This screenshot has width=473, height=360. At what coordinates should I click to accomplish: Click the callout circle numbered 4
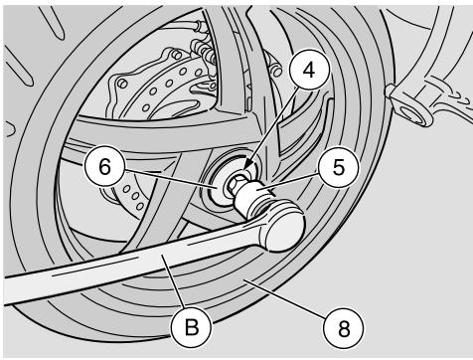click(309, 71)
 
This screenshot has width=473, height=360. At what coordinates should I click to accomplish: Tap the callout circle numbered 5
click(339, 167)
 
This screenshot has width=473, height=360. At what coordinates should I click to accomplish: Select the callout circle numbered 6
click(104, 166)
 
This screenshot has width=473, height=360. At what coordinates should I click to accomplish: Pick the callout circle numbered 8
click(344, 327)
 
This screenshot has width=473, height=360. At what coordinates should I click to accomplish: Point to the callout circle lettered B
click(191, 327)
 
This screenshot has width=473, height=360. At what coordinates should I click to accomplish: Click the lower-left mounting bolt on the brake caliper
click(122, 83)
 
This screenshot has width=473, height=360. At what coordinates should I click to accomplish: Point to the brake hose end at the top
click(198, 26)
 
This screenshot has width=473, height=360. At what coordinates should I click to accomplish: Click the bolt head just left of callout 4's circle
click(277, 71)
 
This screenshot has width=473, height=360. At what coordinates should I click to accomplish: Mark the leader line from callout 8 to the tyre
click(286, 298)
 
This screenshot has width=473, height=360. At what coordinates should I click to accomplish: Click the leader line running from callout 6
click(170, 178)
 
